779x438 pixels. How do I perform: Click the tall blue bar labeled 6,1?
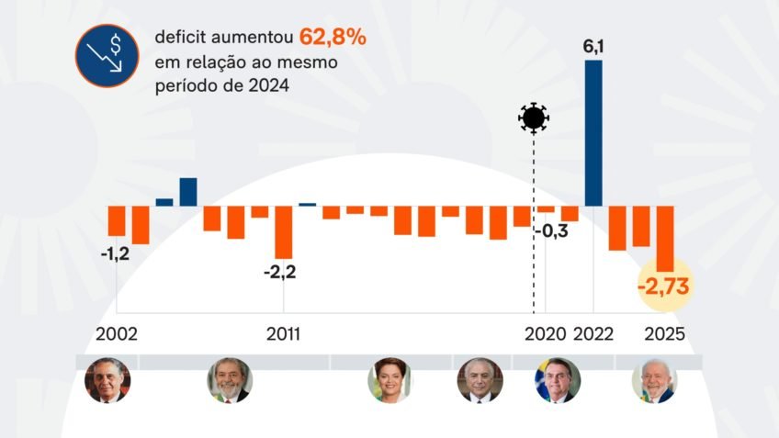(x=593, y=133)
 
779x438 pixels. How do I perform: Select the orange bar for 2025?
(x=665, y=237)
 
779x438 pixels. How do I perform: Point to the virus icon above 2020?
(x=534, y=118)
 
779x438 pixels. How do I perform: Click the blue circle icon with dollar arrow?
(x=107, y=56)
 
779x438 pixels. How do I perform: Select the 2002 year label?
(x=117, y=333)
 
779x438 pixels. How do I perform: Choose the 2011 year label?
(x=283, y=333)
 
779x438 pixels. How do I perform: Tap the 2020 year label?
(x=546, y=333)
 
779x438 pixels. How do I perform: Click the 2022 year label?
(x=593, y=333)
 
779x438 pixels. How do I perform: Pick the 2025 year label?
(x=665, y=333)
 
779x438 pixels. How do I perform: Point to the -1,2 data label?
(x=115, y=254)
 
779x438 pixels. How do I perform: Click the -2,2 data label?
(x=280, y=272)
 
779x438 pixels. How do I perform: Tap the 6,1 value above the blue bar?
(x=593, y=47)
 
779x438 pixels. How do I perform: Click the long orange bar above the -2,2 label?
(x=283, y=231)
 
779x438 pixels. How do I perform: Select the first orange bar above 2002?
(x=117, y=220)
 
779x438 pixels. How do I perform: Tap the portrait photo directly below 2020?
(x=558, y=380)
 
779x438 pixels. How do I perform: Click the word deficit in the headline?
(x=178, y=39)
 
